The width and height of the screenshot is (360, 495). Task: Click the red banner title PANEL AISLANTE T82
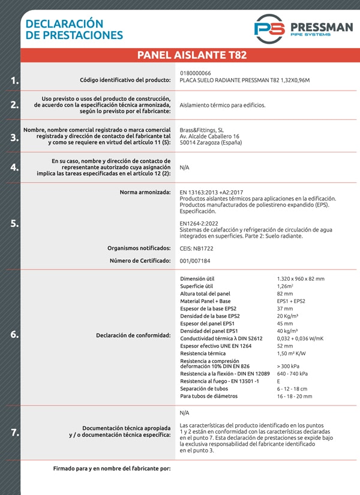point(191,55)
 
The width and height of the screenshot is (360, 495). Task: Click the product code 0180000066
point(195,73)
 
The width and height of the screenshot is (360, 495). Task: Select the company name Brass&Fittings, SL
point(202,130)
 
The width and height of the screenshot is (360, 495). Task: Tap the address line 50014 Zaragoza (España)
point(211,143)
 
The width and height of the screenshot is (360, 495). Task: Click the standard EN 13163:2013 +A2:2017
point(215,192)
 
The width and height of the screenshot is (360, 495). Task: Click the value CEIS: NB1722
point(197,247)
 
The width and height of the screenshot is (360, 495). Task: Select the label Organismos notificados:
point(139,247)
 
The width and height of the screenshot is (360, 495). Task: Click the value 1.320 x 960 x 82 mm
point(301,279)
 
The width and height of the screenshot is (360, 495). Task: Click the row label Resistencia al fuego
point(220,381)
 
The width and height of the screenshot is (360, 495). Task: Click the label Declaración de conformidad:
point(133,335)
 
